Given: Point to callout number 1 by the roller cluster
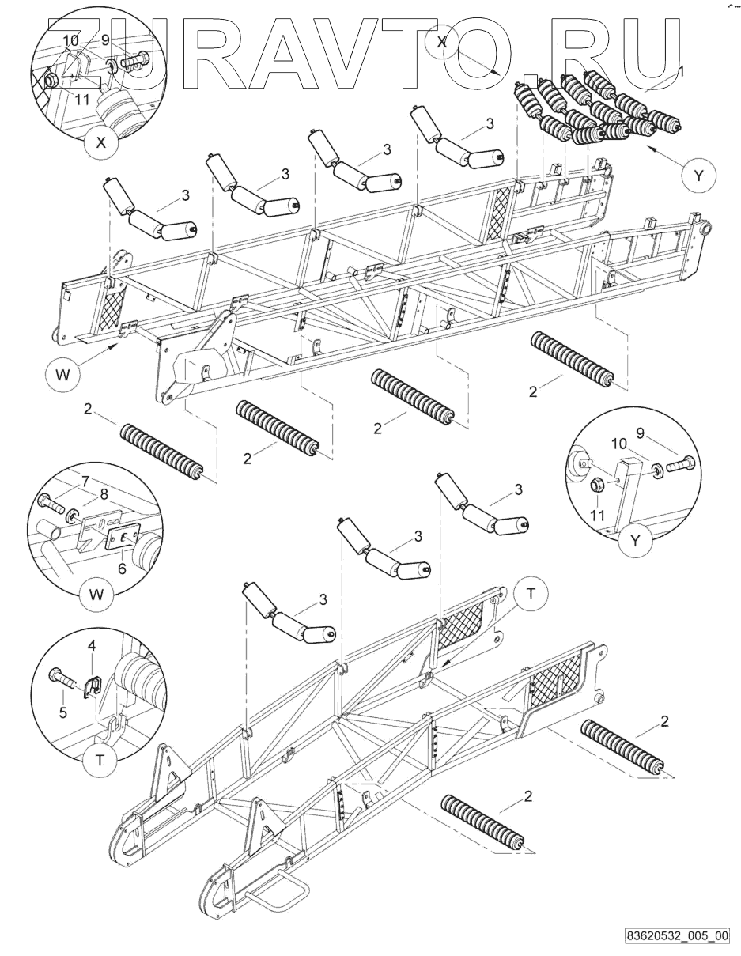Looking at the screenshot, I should tap(682, 70).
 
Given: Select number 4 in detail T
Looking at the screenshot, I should tap(92, 646).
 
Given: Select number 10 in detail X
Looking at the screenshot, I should tap(70, 40).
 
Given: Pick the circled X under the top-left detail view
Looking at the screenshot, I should tap(100, 144).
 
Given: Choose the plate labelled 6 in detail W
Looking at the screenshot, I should tap(121, 538).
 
